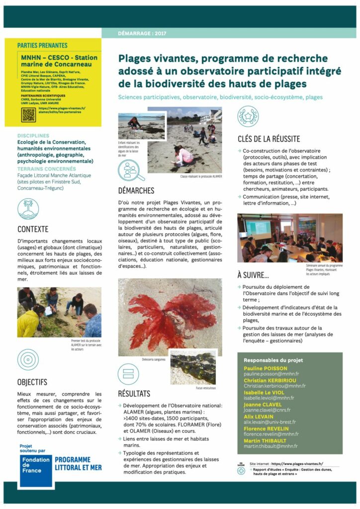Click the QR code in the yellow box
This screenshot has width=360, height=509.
[29, 115]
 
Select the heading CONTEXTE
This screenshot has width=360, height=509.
[33, 230]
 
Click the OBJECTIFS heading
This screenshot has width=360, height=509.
[32, 382]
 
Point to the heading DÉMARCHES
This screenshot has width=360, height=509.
[136, 190]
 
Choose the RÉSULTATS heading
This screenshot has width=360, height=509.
[134, 394]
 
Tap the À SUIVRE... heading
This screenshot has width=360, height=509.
[254, 275]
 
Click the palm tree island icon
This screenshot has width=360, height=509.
[28, 209]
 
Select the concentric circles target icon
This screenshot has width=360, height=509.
[28, 360]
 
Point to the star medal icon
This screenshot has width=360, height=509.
[248, 116]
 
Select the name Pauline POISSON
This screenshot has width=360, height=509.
[266, 368]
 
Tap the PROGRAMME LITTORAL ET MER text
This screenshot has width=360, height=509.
[78, 464]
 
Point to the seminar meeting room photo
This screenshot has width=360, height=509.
[289, 238]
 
